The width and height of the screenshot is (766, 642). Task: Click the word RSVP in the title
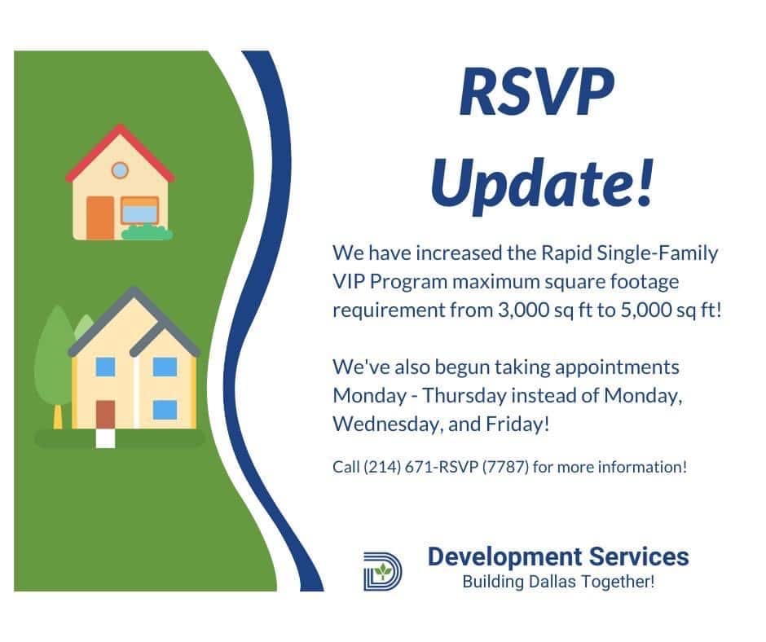536,92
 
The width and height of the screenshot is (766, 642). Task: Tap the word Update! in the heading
541,183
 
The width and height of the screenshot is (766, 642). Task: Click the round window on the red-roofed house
120,170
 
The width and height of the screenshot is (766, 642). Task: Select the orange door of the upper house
100,218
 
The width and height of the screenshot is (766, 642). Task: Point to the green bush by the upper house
147,232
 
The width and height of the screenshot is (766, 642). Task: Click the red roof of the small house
120,152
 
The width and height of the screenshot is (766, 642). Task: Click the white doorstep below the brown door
105,438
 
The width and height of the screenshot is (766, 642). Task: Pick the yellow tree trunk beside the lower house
58,417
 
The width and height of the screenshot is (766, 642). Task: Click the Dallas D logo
382,571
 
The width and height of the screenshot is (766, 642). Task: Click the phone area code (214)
382,467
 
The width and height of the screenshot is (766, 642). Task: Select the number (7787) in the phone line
505,467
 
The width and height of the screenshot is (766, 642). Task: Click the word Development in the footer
505,557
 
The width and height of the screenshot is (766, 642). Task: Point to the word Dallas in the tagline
544,582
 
